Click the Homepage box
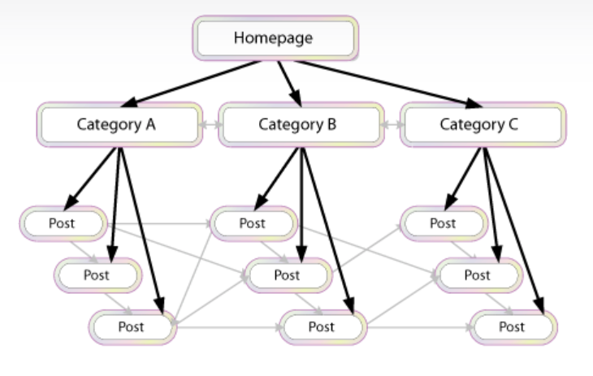pos(275,37)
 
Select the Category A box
pos(119,124)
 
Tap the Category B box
pos(301,124)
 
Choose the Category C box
pos(483,124)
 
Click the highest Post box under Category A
pos(63,223)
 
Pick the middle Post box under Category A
pos(98,274)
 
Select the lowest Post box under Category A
pos(132,326)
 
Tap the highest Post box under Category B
pos(253,223)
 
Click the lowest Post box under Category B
pos(322,326)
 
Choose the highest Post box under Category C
pos(443,223)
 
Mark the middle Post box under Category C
pos(478,274)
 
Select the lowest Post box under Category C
pos(512,326)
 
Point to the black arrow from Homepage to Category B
pos(288,81)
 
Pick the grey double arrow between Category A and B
pos(210,126)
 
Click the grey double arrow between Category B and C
pos(392,126)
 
